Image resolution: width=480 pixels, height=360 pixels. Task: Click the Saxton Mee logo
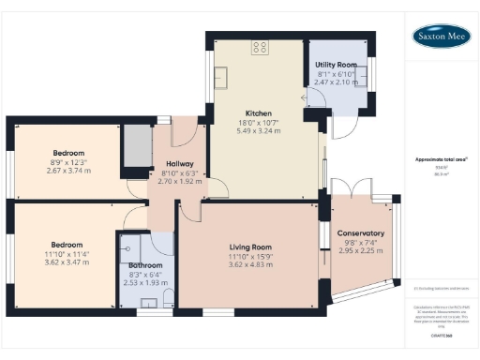(442, 37)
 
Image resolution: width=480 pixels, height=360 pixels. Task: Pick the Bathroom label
(145, 265)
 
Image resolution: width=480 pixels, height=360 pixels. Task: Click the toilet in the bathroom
(169, 299)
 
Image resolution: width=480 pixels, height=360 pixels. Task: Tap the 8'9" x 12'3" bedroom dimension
(67, 163)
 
